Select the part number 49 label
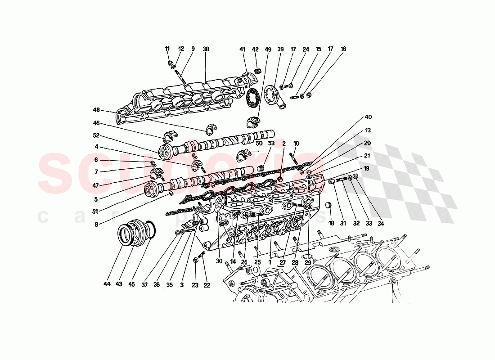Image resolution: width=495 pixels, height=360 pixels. coord(268,49)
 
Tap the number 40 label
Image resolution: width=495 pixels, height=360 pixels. coord(368,117)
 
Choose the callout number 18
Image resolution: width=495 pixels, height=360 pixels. coord(331,223)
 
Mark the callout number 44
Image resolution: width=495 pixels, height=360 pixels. coord(107,284)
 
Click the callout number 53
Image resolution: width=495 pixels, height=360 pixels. coord(271,143)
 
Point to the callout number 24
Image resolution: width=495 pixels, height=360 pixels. coord(306,49)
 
